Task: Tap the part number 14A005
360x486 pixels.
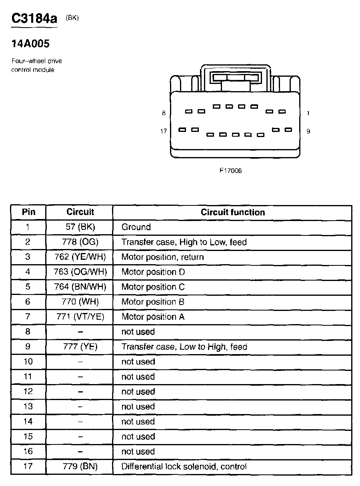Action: pyautogui.click(x=30, y=43)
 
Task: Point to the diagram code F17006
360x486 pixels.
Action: pyautogui.click(x=230, y=171)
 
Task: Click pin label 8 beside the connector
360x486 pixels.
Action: pyautogui.click(x=164, y=113)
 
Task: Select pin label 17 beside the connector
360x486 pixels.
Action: pyautogui.click(x=164, y=131)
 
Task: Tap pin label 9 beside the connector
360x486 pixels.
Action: pyautogui.click(x=308, y=131)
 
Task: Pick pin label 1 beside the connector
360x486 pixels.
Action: pyautogui.click(x=308, y=113)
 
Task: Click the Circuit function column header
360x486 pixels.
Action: pyautogui.click(x=233, y=212)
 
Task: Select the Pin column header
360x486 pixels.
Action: pyautogui.click(x=28, y=212)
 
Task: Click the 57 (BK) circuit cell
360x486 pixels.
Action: pyautogui.click(x=80, y=227)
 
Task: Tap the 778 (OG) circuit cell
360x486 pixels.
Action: pyautogui.click(x=80, y=242)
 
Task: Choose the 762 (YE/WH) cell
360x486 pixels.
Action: pyautogui.click(x=80, y=257)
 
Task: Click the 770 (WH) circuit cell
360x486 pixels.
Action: pyautogui.click(x=80, y=302)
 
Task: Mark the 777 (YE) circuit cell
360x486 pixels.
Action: pyautogui.click(x=80, y=347)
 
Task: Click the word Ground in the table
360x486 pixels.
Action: pyautogui.click(x=136, y=227)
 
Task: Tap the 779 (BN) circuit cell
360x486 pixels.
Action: pyautogui.click(x=80, y=466)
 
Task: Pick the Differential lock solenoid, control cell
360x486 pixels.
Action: pyautogui.click(x=184, y=466)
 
